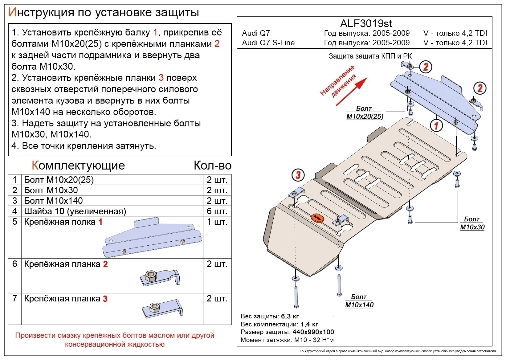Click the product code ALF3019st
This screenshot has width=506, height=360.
tap(366, 23)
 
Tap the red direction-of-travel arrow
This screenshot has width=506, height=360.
tap(351, 92)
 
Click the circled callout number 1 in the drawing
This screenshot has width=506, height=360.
tap(436, 125)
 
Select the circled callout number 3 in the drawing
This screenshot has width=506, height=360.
tap(298, 175)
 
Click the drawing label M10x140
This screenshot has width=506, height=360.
tap(359, 305)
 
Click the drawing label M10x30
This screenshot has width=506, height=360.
tap(472, 227)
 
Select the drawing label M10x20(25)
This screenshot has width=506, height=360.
tap(365, 116)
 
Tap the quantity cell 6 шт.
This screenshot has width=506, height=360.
tap(217, 211)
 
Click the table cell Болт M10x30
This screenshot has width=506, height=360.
tap(51, 190)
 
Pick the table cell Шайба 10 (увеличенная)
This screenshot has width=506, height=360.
tap(75, 211)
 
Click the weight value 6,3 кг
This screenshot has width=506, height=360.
tap(290, 316)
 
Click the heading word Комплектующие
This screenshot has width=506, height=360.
tap(78, 166)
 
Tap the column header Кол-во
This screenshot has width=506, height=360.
tap(212, 166)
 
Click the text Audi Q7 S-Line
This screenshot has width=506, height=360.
tap(268, 43)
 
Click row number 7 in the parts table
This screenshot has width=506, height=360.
tap(14, 298)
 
